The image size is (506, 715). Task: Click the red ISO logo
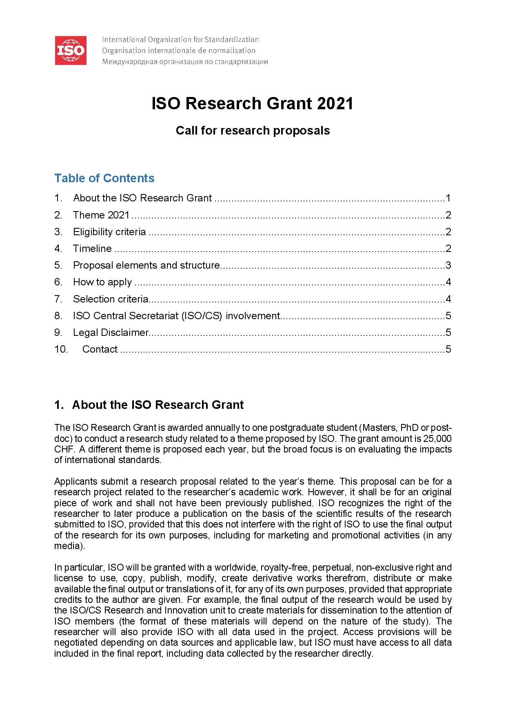tap(71, 51)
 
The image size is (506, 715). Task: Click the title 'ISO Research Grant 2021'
tap(252, 104)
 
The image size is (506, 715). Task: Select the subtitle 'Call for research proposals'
tap(253, 130)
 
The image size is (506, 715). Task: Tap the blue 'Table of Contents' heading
tap(104, 178)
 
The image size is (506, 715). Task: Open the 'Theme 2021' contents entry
tap(101, 215)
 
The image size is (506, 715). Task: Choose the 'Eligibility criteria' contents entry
tap(109, 232)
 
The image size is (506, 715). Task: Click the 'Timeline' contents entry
tap(92, 249)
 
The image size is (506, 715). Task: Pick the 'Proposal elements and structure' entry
tap(146, 265)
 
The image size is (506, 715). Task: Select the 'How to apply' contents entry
tap(102, 282)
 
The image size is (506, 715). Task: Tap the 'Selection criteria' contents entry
tap(110, 299)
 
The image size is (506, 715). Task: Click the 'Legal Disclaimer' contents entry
tap(110, 333)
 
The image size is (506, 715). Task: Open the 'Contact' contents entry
tap(100, 349)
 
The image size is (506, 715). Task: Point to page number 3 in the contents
tap(448, 265)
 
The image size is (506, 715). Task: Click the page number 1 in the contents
tap(448, 198)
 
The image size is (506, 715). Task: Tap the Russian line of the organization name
tap(184, 62)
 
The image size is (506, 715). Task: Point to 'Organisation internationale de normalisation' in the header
tap(178, 51)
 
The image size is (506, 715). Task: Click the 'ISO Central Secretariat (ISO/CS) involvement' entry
tap(176, 316)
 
